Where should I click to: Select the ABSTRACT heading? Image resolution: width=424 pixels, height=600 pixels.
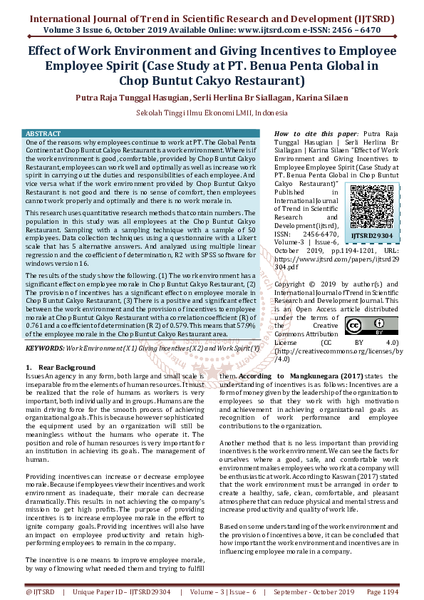[43, 134]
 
